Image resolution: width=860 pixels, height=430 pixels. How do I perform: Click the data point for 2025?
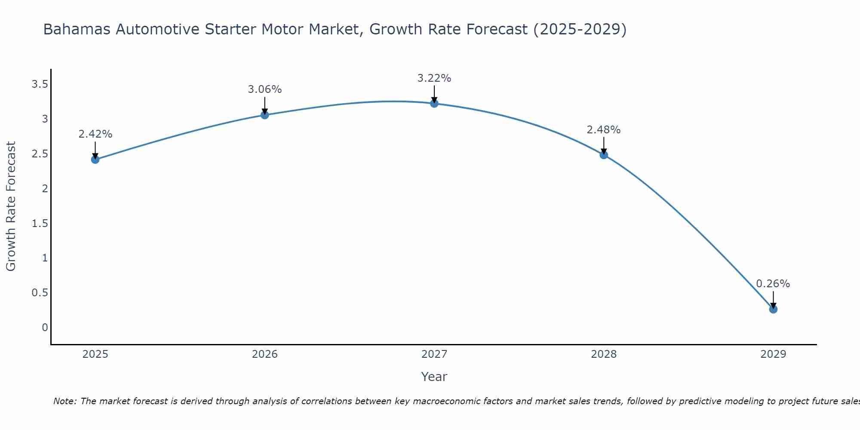click(95, 160)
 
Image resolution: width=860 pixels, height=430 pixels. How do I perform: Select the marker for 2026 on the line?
click(264, 115)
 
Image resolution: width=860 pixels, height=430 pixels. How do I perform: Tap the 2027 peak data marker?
click(434, 104)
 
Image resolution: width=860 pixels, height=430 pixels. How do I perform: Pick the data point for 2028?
click(604, 155)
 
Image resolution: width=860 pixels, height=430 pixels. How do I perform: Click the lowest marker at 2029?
click(773, 309)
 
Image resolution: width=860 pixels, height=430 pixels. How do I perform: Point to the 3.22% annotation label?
click(434, 78)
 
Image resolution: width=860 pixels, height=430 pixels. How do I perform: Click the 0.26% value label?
click(773, 284)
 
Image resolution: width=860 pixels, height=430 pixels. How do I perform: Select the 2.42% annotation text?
click(95, 134)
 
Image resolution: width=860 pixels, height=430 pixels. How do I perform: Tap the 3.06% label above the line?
click(264, 89)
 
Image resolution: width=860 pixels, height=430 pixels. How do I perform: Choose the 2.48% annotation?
click(603, 130)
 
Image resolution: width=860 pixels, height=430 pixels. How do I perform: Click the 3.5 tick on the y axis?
click(40, 84)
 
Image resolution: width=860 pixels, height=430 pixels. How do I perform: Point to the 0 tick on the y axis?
click(45, 328)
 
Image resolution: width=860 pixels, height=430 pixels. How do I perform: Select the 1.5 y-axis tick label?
click(40, 223)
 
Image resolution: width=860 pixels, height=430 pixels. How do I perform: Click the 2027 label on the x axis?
click(434, 354)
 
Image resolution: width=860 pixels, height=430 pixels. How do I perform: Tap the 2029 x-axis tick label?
click(773, 354)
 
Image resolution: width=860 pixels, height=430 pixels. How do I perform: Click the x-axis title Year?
click(434, 377)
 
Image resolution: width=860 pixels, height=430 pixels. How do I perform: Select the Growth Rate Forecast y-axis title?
click(11, 206)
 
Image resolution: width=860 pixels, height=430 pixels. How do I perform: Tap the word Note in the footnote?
click(64, 402)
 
